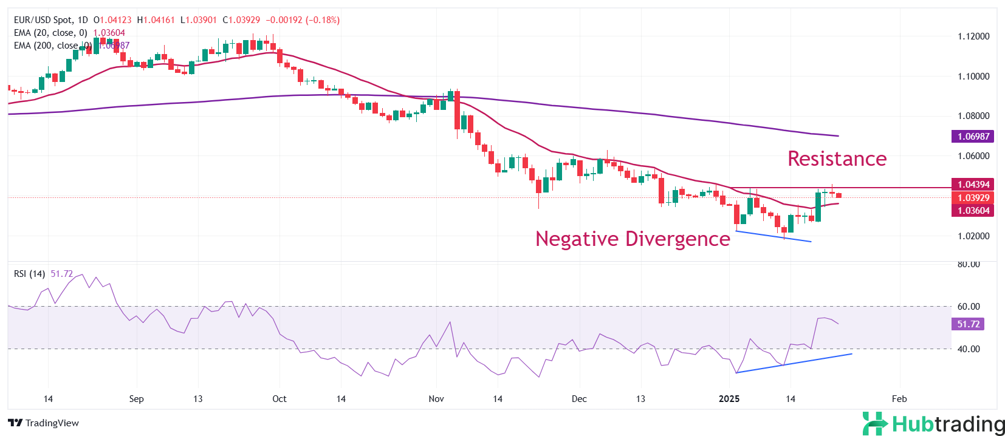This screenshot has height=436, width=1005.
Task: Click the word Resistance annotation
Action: [x=837, y=158]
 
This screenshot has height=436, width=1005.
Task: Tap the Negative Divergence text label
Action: [x=633, y=239]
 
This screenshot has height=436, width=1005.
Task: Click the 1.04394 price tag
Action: [x=973, y=184]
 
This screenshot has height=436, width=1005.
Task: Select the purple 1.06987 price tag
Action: [x=973, y=137]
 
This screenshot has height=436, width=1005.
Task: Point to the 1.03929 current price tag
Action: [x=973, y=197]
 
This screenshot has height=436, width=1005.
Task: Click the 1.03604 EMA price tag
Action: [x=973, y=211]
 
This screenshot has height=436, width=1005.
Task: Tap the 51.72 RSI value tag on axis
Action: [x=968, y=324]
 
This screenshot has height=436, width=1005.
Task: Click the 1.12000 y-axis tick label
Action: [x=973, y=36]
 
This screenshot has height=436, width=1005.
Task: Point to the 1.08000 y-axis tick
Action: [x=973, y=116]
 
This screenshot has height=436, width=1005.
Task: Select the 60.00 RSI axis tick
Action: [x=969, y=307]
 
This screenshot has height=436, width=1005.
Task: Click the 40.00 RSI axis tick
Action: [x=969, y=349]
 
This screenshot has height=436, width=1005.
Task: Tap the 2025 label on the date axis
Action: [x=729, y=399]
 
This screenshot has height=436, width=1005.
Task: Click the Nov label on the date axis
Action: [x=436, y=399]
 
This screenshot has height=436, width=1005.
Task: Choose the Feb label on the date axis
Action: [x=899, y=399]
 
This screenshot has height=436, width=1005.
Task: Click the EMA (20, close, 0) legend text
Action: [x=50, y=33]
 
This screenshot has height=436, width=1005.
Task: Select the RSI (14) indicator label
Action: [x=29, y=274]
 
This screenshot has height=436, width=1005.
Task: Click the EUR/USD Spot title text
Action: [x=43, y=20]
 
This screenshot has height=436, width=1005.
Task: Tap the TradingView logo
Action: [x=44, y=423]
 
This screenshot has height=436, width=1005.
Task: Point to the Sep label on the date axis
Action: [x=137, y=399]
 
